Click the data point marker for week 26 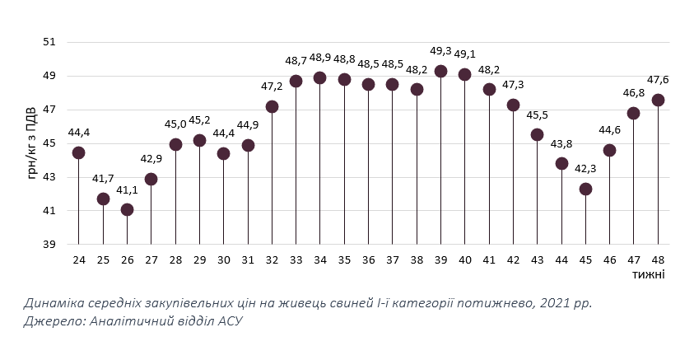tap(127, 209)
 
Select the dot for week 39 tap(440, 71)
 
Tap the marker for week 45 tap(585, 189)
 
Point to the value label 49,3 tap(440, 51)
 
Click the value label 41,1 tap(127, 189)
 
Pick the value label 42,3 tap(585, 169)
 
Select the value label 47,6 tap(657, 80)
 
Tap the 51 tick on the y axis tap(49, 42)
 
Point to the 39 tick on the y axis tap(49, 245)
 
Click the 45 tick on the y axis tap(49, 143)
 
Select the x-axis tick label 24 tap(79, 259)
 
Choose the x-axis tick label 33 tap(296, 259)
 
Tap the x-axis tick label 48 tap(658, 259)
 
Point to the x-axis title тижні tap(650, 274)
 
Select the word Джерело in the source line tap(51, 321)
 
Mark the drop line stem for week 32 tap(272, 177)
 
